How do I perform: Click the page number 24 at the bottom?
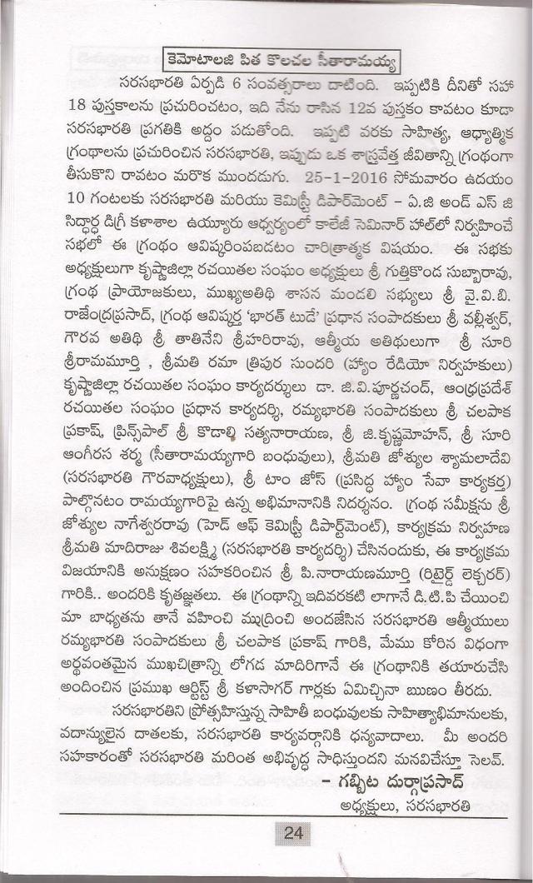click(x=292, y=833)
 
